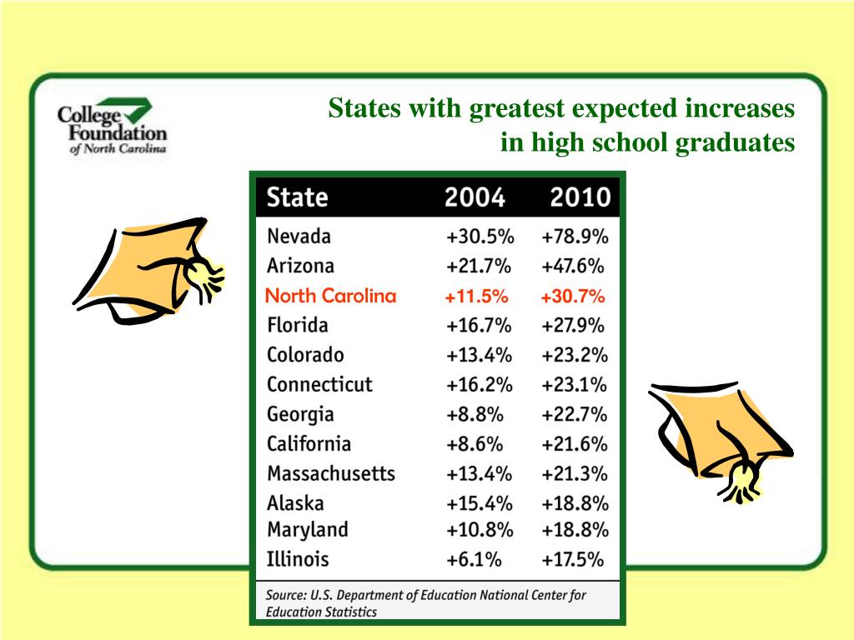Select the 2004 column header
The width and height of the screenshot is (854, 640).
pos(475,198)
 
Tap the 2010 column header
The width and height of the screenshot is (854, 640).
pos(579,198)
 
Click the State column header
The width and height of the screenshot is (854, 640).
pos(297,198)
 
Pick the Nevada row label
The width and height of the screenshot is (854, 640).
pos(299,237)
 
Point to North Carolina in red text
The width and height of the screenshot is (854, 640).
pos(330,297)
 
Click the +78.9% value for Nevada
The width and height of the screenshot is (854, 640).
pos(575,237)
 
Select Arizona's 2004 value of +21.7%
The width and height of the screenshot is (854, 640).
pos(479,267)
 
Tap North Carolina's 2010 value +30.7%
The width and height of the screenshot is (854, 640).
pos(573,297)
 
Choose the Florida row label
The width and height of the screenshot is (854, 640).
pos(298,325)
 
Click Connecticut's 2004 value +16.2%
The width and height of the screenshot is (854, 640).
pos(479,385)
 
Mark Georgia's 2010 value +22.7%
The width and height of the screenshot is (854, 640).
pos(574,415)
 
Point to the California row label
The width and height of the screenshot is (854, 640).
pos(309,444)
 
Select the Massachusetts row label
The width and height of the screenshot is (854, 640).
pos(331,474)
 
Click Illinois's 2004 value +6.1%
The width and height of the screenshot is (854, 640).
pos(475,559)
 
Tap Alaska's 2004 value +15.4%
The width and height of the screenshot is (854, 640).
pos(479,503)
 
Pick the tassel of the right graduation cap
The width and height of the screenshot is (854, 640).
pos(741,482)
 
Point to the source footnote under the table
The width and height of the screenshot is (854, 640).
pos(425,603)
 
